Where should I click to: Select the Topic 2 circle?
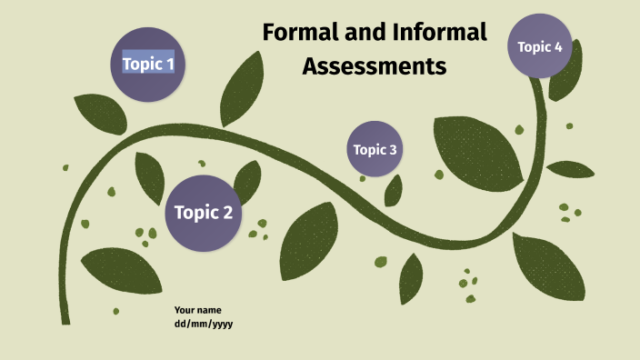pyautogui.click(x=204, y=214)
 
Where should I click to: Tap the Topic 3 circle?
pyautogui.click(x=375, y=149)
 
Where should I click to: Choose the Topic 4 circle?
pyautogui.click(x=540, y=46)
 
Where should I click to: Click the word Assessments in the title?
pyautogui.click(x=375, y=66)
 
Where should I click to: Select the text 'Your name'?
pyautogui.click(x=197, y=310)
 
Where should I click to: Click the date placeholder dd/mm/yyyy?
pyautogui.click(x=204, y=324)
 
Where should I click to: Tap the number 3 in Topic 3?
pyautogui.click(x=393, y=150)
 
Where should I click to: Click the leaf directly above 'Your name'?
pyautogui.click(x=122, y=270)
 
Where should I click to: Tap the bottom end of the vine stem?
pyautogui.click(x=65, y=318)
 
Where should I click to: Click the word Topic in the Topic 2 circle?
pyautogui.click(x=194, y=214)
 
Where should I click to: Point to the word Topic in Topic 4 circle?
pyautogui.click(x=534, y=46)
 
